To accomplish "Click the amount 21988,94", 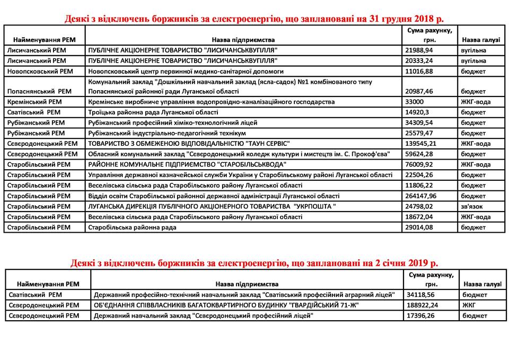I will point(420,50).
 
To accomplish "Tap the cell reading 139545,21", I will point(423,144).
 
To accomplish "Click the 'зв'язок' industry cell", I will point(473,206).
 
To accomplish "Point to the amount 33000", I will point(415,102).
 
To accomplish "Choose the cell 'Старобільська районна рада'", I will point(133,227).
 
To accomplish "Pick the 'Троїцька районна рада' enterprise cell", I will point(154,112).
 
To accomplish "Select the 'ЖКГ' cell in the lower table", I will point(468,305).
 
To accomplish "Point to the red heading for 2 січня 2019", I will point(254,263).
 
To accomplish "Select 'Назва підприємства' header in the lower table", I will point(247,284).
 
